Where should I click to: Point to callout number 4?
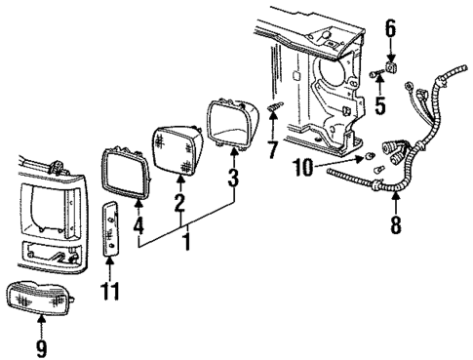tap(138, 225)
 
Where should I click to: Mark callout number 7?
tap(274, 148)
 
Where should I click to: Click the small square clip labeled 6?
tap(391, 70)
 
